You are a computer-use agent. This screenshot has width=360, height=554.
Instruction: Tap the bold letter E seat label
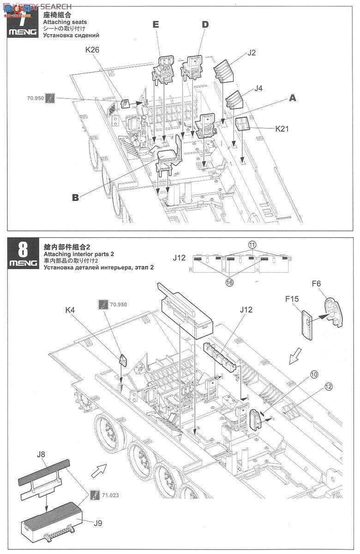156,25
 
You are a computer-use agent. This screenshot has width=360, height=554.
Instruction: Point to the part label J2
252,53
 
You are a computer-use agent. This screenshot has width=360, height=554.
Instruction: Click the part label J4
258,88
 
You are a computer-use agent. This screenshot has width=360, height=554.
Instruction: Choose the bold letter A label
292,98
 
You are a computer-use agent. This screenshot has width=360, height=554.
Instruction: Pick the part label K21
282,129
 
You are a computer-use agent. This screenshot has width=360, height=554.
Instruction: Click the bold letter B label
75,198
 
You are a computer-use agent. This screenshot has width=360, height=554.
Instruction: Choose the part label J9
98,523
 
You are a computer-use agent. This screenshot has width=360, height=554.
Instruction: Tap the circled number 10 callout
314,374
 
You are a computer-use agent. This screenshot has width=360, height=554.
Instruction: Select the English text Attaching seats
65,22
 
